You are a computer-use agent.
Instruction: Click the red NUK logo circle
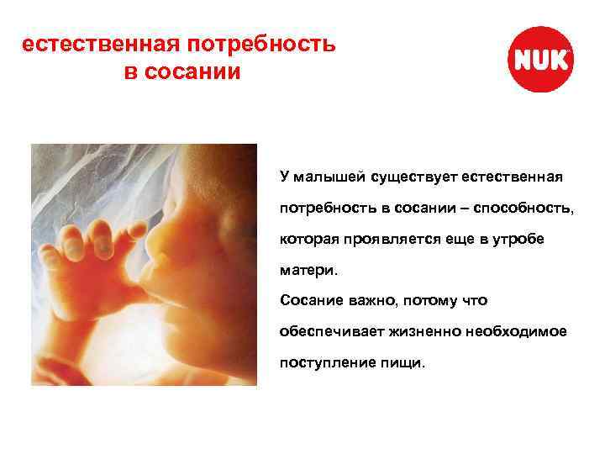click(x=542, y=60)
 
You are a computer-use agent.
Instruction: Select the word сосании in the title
click(x=194, y=71)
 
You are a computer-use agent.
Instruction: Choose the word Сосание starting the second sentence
click(x=313, y=300)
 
